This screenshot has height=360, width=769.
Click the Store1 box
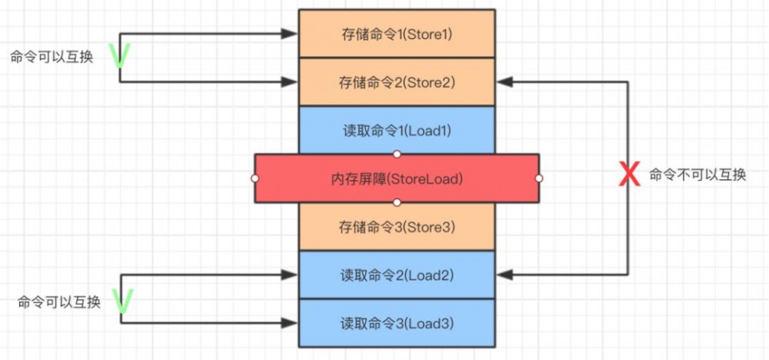coord(397,34)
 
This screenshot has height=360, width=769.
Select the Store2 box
coord(397,82)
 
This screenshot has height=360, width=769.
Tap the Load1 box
coord(397,130)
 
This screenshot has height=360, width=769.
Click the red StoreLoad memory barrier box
coord(397,178)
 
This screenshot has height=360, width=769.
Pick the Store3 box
coord(397,227)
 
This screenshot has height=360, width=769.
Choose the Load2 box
coord(397,275)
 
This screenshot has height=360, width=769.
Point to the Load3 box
coord(397,323)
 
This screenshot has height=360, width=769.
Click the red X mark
coord(629,175)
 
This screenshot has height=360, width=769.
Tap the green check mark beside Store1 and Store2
coord(120,56)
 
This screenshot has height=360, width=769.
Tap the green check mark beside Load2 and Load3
coord(122,301)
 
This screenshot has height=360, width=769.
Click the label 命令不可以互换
coord(697,175)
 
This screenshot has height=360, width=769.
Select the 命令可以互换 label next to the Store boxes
coord(52,57)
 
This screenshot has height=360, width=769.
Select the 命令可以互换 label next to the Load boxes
coord(59,302)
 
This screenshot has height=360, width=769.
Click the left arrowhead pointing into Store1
coord(289,34)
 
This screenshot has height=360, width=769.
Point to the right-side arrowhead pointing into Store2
coord(504,82)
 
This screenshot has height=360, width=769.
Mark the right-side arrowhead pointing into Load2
coord(504,275)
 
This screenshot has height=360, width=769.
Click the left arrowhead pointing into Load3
coord(289,323)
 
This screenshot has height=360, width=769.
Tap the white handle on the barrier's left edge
coord(255,178)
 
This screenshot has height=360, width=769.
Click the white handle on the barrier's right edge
coord(539,178)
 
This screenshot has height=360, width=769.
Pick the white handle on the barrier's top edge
coord(398,154)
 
